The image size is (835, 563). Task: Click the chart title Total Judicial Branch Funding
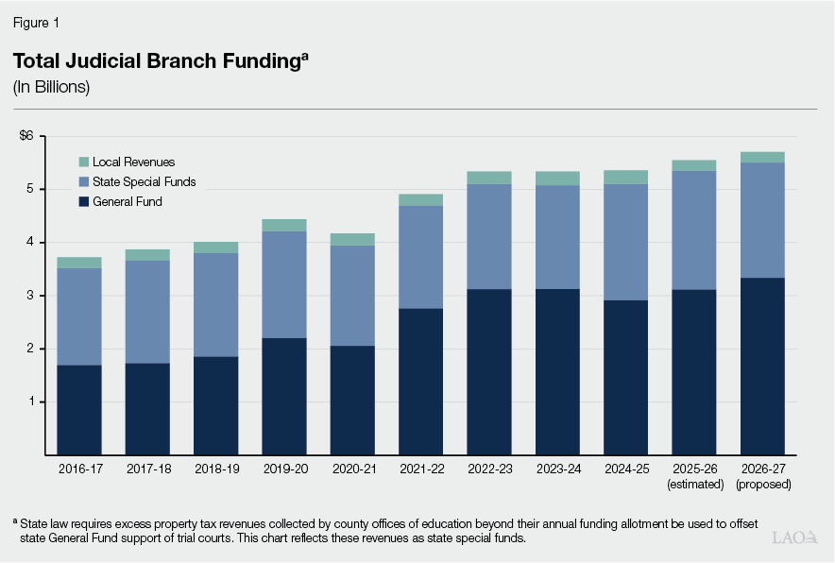pos(157,61)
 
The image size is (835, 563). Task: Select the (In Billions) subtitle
pos(51,87)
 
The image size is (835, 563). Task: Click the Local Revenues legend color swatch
pos(83,162)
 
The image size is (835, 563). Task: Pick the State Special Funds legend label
pos(144,181)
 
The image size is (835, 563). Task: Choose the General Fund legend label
pos(128,201)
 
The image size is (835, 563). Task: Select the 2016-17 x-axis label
pos(79,469)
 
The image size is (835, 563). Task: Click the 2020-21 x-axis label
pos(352,469)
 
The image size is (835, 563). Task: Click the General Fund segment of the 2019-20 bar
pos(284,397)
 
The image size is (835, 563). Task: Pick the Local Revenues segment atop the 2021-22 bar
pos(420,199)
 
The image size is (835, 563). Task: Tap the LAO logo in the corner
pos(794,537)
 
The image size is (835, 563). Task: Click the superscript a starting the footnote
pos(15,520)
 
